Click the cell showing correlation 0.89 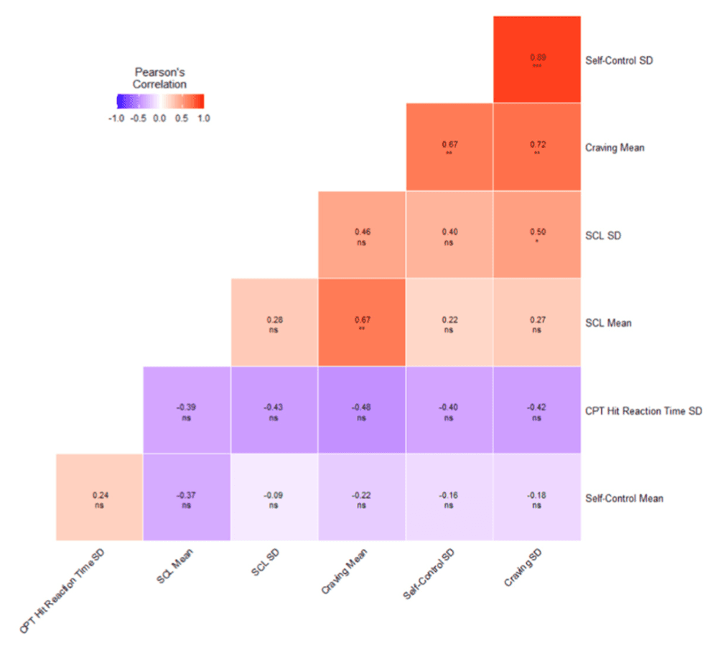click(536, 58)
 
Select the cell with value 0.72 click(536, 147)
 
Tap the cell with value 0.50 click(536, 235)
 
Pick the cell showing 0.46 click(362, 235)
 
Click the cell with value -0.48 click(362, 410)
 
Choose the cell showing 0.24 click(99, 497)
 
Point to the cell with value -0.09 click(274, 497)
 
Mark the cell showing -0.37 click(187, 497)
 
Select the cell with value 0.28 click(274, 322)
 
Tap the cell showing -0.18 click(536, 497)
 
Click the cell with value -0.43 click(274, 410)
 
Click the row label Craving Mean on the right click(615, 148)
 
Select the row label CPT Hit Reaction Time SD click(643, 410)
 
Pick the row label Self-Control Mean click(624, 498)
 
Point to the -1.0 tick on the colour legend click(116, 118)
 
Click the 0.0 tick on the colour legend click(159, 118)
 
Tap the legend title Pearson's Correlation click(160, 78)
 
